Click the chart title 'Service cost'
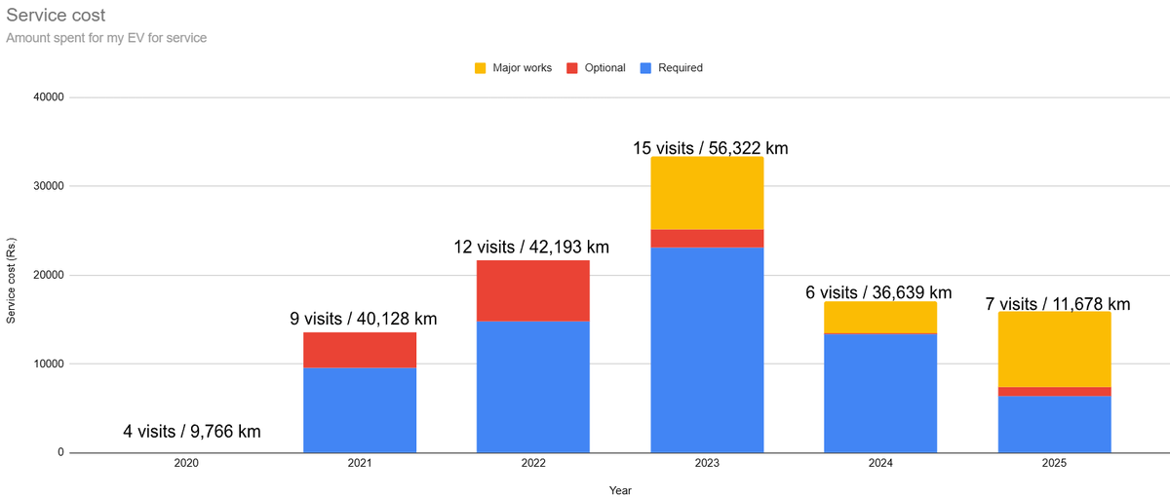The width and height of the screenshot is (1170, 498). pyautogui.click(x=56, y=17)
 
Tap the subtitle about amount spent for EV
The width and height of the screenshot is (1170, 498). pyautogui.click(x=106, y=38)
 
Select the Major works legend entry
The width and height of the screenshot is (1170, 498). pyautogui.click(x=513, y=68)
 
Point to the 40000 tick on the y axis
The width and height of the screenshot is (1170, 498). pyautogui.click(x=48, y=97)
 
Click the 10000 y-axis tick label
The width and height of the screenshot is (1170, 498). pyautogui.click(x=48, y=364)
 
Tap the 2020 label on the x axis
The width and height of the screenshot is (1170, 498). pyautogui.click(x=186, y=464)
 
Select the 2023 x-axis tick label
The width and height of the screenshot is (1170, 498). pyautogui.click(x=707, y=464)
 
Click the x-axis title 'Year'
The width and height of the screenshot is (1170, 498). pyautogui.click(x=620, y=490)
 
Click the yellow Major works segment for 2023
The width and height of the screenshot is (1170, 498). pyautogui.click(x=707, y=193)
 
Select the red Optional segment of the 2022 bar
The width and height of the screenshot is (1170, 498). pyautogui.click(x=533, y=290)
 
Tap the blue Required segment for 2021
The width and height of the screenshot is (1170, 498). pyautogui.click(x=360, y=409)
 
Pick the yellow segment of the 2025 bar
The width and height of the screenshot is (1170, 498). pyautogui.click(x=1054, y=349)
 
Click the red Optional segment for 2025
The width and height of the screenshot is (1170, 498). pyautogui.click(x=1054, y=392)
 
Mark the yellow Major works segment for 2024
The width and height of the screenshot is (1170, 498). pyautogui.click(x=880, y=317)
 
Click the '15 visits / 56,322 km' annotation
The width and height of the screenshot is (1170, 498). pyautogui.click(x=711, y=148)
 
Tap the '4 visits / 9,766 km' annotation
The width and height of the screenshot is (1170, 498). pyautogui.click(x=192, y=432)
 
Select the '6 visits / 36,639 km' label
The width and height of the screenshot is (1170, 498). pyautogui.click(x=878, y=292)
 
